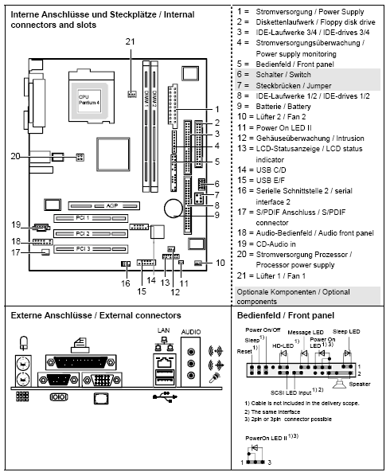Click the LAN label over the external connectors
[x=163, y=329]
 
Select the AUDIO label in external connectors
[x=191, y=329]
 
